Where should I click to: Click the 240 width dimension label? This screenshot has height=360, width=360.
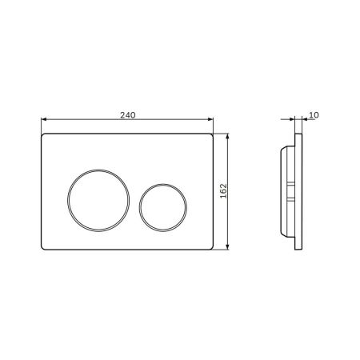click(128, 115)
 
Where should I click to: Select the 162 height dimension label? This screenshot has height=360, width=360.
click(223, 190)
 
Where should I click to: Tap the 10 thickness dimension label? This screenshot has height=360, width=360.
click(314, 115)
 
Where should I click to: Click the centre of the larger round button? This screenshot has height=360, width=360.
click(98, 200)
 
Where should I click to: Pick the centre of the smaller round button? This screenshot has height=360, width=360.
click(163, 207)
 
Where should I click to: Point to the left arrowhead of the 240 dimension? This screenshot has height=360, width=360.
click(44, 119)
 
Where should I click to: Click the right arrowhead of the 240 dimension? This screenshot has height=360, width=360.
click(210, 119)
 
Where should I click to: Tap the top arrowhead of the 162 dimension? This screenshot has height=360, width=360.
click(227, 136)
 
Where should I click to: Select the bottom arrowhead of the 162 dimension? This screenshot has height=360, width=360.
click(227, 247)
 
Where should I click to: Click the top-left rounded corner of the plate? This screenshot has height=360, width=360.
click(42, 135)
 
